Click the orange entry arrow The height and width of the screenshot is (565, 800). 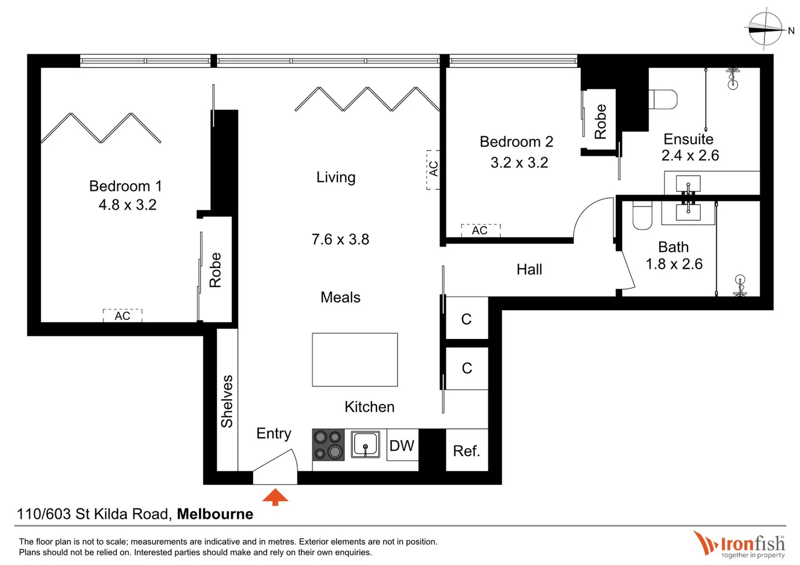275,497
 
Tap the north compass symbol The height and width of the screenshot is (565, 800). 765,29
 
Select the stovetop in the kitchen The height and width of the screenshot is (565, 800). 328,445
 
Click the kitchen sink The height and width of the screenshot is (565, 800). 365,444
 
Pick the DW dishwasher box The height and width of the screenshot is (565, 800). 402,445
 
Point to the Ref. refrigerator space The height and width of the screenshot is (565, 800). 466,450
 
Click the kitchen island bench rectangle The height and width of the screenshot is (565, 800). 355,359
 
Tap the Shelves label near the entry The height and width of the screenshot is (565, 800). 227,401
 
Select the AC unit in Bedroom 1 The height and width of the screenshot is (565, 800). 123,315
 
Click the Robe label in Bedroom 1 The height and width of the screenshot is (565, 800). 215,270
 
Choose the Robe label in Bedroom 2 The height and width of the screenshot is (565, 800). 600,121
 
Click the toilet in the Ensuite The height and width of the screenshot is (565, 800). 663,99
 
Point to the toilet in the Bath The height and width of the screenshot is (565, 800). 642,216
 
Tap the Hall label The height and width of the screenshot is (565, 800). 529,269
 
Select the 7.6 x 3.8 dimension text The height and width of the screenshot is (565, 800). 340,239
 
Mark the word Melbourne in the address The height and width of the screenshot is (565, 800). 215,514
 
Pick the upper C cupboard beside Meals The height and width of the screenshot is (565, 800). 466,319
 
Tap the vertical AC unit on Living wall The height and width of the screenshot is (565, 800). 433,169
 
